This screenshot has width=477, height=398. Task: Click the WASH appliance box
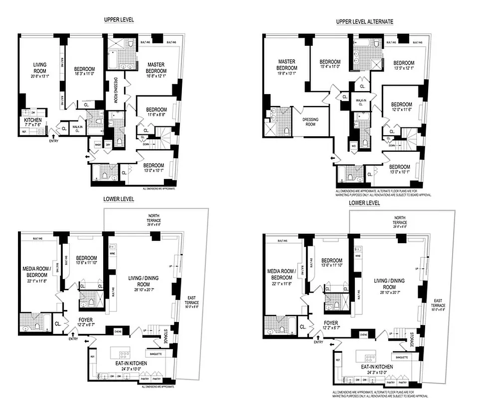click(x=98, y=146)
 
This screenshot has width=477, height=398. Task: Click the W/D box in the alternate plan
click(x=353, y=146)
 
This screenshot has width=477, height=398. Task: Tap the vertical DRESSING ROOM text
click(x=115, y=89)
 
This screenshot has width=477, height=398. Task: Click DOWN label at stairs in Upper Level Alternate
click(x=392, y=145)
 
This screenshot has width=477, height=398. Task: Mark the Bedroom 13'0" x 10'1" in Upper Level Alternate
click(x=399, y=170)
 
